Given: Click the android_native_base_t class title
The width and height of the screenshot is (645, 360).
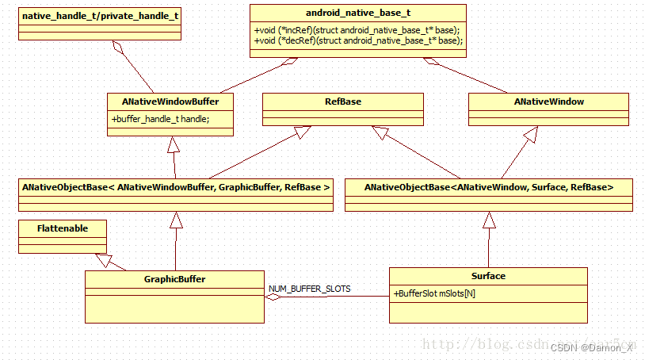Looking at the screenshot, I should tap(357, 13).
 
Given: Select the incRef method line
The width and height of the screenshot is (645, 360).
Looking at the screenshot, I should tap(357, 29).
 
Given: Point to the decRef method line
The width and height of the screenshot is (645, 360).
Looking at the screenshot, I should tap(357, 40).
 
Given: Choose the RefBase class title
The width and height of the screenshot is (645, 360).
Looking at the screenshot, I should tap(342, 101).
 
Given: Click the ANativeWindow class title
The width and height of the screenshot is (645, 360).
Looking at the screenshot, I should tap(548, 101).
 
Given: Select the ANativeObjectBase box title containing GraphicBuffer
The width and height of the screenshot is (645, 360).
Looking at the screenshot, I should tap(176, 187).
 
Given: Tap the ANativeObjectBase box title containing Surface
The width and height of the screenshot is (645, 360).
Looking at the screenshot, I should tap(488, 187).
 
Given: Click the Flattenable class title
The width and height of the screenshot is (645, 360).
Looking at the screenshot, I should tap(63, 228).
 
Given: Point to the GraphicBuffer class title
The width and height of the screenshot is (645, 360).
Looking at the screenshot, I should tap(175, 279).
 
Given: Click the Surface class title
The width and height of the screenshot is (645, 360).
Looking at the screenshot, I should tap(488, 276).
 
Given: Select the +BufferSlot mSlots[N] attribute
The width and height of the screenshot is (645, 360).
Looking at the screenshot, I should tap(434, 293).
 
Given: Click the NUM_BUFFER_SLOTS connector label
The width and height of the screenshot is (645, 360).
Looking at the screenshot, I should tap(309, 288).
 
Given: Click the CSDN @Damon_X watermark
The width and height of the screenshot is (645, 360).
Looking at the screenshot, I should tap(592, 347).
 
